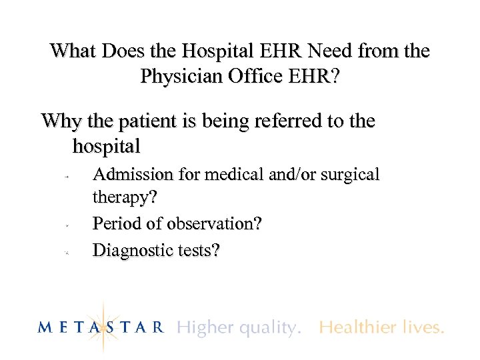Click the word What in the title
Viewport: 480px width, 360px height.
(72, 51)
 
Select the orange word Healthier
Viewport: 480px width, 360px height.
(359, 327)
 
